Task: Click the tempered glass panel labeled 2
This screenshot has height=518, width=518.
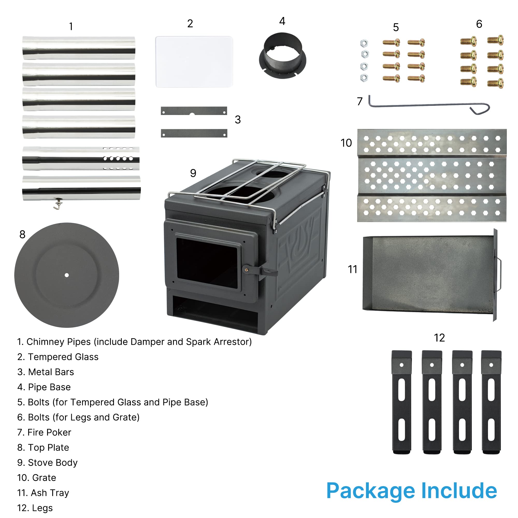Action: (194, 62)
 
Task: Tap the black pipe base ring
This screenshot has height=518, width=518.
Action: (282, 56)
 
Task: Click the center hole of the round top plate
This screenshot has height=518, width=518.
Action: (67, 275)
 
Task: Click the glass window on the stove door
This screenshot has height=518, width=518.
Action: (207, 263)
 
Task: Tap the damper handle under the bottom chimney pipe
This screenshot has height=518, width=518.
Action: (58, 204)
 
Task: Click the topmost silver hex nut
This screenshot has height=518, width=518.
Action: (364, 43)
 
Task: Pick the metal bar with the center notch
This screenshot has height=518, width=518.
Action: (194, 111)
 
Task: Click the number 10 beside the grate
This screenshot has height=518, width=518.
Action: (346, 143)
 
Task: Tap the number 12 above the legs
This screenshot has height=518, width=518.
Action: (439, 338)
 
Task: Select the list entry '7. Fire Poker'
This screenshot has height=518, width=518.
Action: (44, 433)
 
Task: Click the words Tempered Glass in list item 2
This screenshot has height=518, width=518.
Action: (63, 357)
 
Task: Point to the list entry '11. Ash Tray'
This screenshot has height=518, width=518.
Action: (43, 493)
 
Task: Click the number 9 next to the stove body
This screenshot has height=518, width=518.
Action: (193, 173)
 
